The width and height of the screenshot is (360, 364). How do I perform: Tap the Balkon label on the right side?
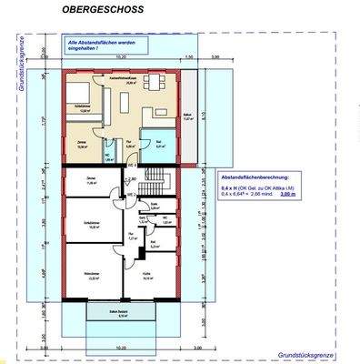[189, 116]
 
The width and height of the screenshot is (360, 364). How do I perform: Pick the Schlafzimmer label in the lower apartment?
[92, 225]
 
